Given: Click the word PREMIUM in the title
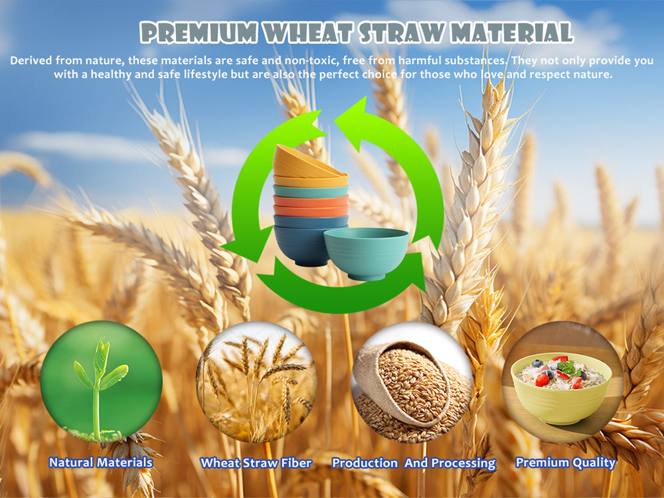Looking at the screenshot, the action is click(x=199, y=33).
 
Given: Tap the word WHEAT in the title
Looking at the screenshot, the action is click(x=308, y=33).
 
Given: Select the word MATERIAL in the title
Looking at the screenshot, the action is click(x=511, y=33).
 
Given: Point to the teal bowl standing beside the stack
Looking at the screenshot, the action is click(x=366, y=254).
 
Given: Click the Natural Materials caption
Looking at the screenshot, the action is click(x=101, y=462).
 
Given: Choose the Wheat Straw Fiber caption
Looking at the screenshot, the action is click(x=256, y=463).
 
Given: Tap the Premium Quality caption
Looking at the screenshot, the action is click(x=565, y=463).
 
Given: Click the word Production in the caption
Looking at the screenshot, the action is click(x=365, y=463).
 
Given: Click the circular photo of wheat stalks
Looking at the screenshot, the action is click(x=256, y=382).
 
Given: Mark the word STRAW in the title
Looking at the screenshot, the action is click(x=401, y=33).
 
